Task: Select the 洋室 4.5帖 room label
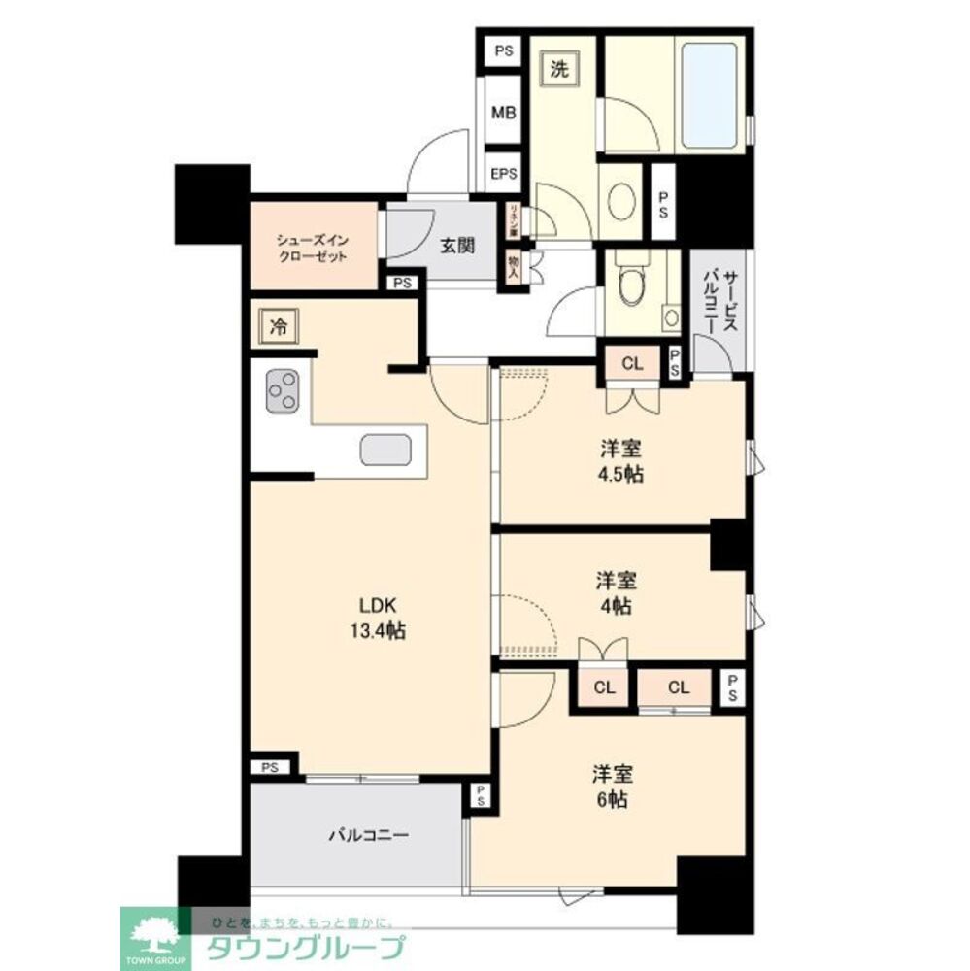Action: (621, 461)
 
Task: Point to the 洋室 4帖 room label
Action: (616, 592)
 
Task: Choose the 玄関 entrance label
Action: (458, 246)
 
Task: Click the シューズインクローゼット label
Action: (312, 248)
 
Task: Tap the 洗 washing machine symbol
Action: (560, 69)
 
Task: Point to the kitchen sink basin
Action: (386, 449)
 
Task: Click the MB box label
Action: (503, 113)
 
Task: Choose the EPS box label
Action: (503, 175)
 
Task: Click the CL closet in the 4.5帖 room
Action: (632, 365)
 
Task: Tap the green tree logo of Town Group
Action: (150, 936)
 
